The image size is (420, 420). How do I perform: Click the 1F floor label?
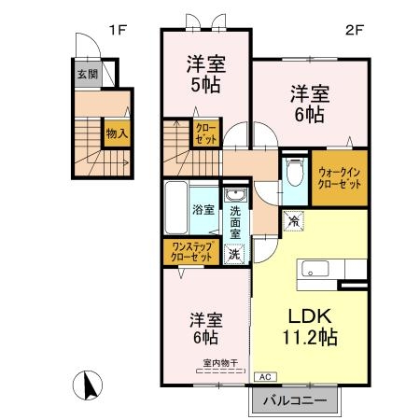point(116,30)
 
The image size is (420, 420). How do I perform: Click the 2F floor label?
point(356,30)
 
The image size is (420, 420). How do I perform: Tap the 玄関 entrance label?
point(87,74)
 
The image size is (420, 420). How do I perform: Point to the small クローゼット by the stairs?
point(205,133)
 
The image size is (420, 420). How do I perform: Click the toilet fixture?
point(294,172)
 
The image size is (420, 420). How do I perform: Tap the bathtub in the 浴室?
point(177,208)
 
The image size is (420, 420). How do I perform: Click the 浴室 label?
point(203,210)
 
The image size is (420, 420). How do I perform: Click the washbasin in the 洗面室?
point(237,195)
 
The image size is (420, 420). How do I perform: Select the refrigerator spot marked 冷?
point(293,222)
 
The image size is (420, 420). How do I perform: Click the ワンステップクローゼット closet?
point(191,251)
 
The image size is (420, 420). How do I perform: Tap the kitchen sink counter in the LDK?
point(315,271)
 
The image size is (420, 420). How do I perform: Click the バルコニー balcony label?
point(293,399)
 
